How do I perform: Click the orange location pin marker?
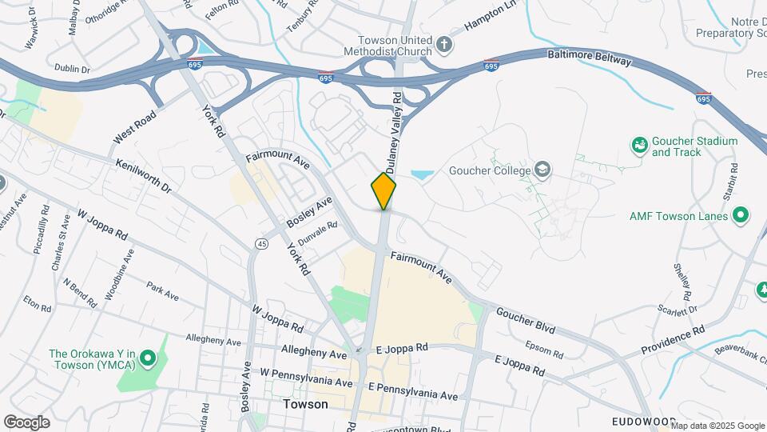pyautogui.click(x=383, y=190)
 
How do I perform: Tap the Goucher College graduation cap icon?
pyautogui.click(x=543, y=170)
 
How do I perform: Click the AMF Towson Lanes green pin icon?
pyautogui.click(x=741, y=215)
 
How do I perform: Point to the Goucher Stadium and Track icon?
pyautogui.click(x=639, y=146)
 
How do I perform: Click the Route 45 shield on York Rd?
pyautogui.click(x=261, y=242)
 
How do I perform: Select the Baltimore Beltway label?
pyautogui.click(x=589, y=61)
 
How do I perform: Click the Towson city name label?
pyautogui.click(x=305, y=404)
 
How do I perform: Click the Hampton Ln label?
pyautogui.click(x=490, y=16)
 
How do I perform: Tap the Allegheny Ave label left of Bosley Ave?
pyautogui.click(x=213, y=341)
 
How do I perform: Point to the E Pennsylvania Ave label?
pyautogui.click(x=412, y=390)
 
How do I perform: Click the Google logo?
pyautogui.click(x=26, y=422)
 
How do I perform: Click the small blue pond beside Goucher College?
pyautogui.click(x=422, y=173)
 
